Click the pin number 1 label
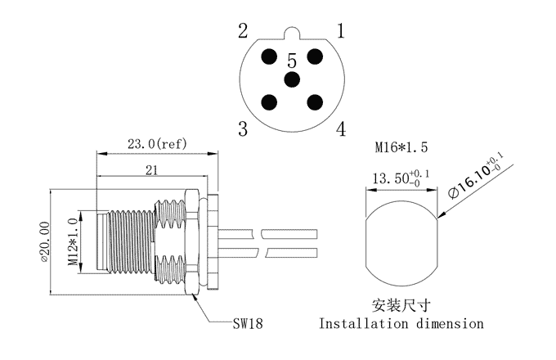click(341, 31)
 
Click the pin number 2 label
click(243, 31)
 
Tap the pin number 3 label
click(243, 128)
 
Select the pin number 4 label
click(341, 128)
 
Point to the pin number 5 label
click(292, 61)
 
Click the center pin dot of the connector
click(292, 79)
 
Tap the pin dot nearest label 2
click(269, 56)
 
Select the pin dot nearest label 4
click(315, 102)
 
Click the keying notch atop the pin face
click(292, 32)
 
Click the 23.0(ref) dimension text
click(157, 144)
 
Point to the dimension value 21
click(151, 170)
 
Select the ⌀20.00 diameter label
click(45, 243)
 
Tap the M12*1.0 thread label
click(73, 242)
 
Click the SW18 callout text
click(248, 323)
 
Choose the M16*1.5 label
click(401, 146)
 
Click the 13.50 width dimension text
click(401, 178)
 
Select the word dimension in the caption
click(450, 324)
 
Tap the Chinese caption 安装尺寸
click(401, 305)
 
